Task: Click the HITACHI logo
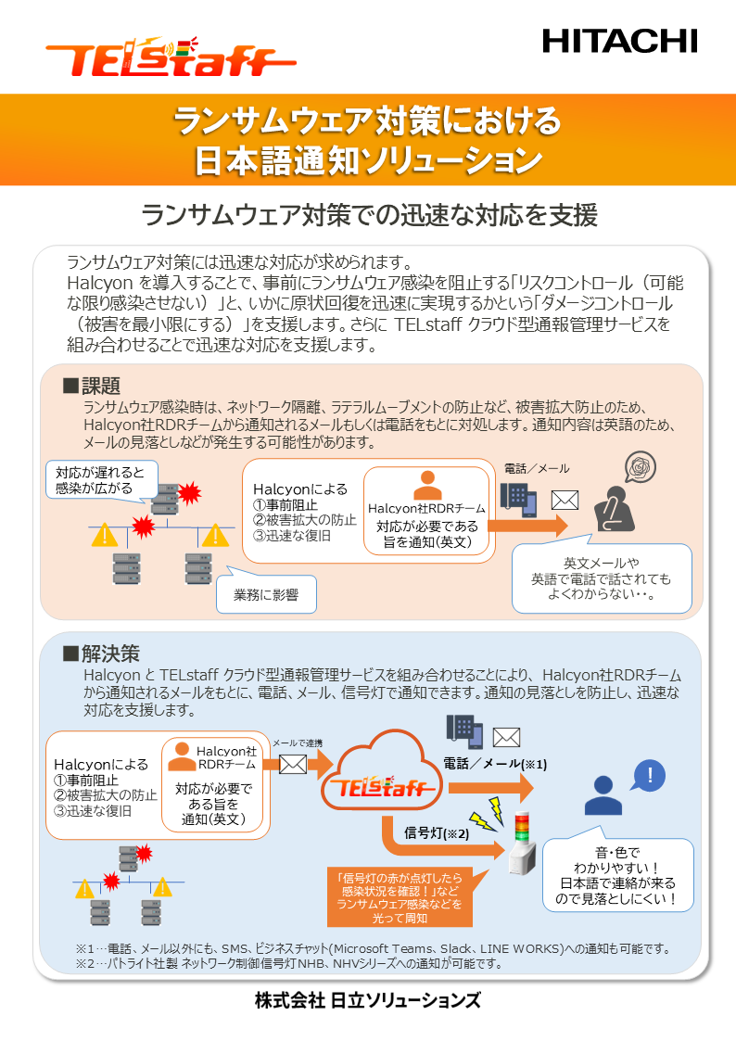pos(619,40)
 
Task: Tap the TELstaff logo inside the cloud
pos(382,789)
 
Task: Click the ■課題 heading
pos(92,386)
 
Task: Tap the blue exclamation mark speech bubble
pos(650,776)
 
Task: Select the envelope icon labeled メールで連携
pos(293,765)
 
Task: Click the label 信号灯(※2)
pos(437,832)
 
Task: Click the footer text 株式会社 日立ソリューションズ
pos(368,1001)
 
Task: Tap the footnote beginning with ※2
pos(287,963)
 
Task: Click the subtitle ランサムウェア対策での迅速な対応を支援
pos(368,215)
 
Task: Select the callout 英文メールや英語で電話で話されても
pos(602,578)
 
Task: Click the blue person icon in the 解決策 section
pos(603,794)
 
